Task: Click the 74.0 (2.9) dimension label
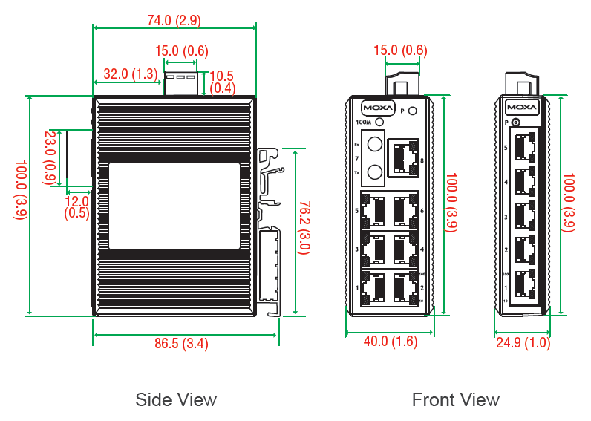pos(174,20)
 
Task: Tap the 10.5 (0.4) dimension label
pos(223,82)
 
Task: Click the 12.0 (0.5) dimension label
pos(76,206)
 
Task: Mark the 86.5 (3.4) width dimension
pos(180,344)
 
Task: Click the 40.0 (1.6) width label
pos(390,342)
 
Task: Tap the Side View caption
pos(176,399)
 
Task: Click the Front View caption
pos(456,399)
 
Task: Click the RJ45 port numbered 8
pos(403,158)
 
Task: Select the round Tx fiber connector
pos(374,172)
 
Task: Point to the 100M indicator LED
pos(380,122)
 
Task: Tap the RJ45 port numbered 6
pos(404,211)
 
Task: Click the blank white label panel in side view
pos(174,206)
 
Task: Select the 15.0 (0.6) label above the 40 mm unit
pos(400,50)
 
